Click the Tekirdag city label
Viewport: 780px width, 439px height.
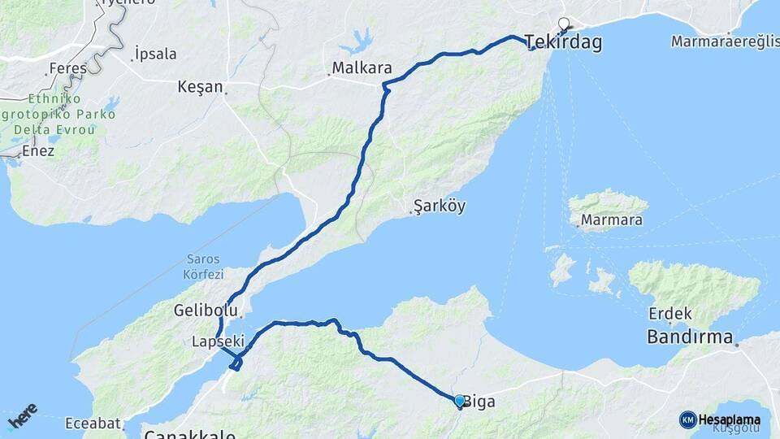click(x=564, y=42)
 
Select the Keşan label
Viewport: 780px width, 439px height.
click(x=200, y=86)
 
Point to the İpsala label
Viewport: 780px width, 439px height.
click(x=155, y=54)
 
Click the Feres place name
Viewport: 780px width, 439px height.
click(x=67, y=68)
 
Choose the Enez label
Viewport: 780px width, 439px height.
click(x=39, y=150)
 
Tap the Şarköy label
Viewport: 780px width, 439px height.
click(x=440, y=206)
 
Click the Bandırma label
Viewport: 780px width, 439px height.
click(x=690, y=337)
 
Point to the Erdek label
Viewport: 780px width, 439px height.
click(x=670, y=313)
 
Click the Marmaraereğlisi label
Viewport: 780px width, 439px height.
click(x=726, y=41)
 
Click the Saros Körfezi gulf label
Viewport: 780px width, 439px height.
click(x=204, y=266)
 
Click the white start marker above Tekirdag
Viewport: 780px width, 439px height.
click(x=564, y=24)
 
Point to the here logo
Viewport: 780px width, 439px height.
click(x=22, y=416)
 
